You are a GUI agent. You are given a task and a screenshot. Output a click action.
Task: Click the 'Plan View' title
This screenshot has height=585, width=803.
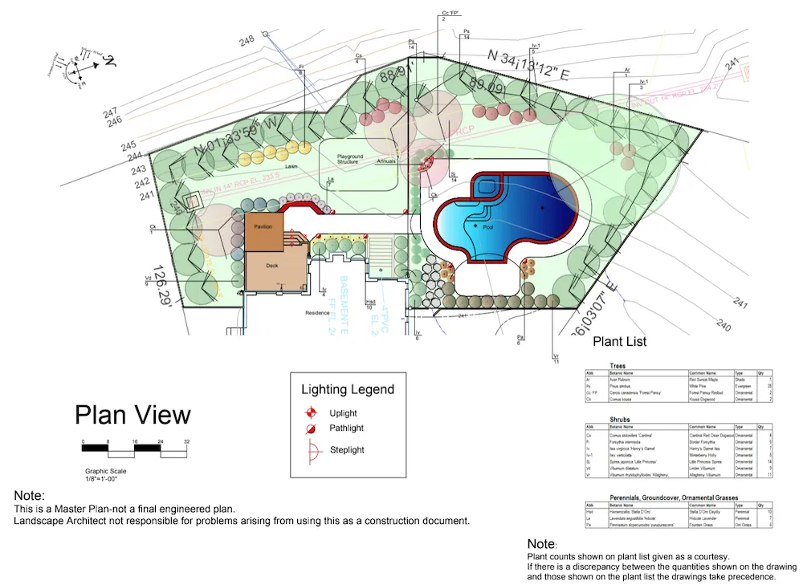coord(132,415)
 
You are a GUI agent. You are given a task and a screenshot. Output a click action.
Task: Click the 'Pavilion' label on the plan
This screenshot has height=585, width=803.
coord(263,227)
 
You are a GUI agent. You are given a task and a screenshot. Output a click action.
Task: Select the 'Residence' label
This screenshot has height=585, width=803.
coord(318,312)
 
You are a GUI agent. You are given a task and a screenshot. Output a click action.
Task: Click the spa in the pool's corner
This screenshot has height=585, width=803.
coord(487,188)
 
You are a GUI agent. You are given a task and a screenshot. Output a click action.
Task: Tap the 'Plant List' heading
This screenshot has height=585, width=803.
coord(619,342)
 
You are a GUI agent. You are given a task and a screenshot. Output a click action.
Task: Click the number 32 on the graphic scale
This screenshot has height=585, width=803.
coord(185,442)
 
